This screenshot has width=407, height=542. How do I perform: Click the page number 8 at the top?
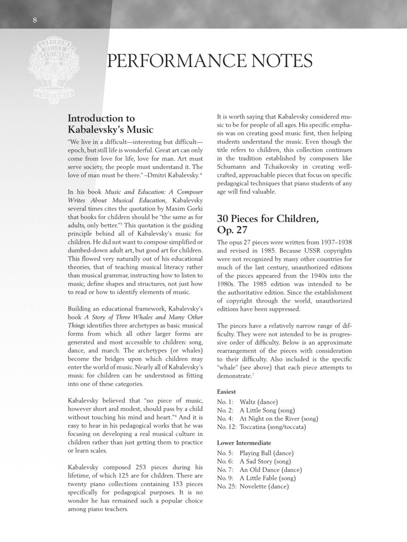coord(35,19)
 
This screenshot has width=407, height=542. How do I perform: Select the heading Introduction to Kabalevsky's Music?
coord(110,124)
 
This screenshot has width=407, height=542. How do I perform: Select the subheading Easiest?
coord(227,391)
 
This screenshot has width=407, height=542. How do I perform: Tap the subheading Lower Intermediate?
coord(244,443)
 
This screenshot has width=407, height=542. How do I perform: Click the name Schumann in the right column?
coord(234,167)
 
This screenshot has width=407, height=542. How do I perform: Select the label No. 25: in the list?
coord(227,486)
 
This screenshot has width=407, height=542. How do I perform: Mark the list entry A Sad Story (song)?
coord(265,462)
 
